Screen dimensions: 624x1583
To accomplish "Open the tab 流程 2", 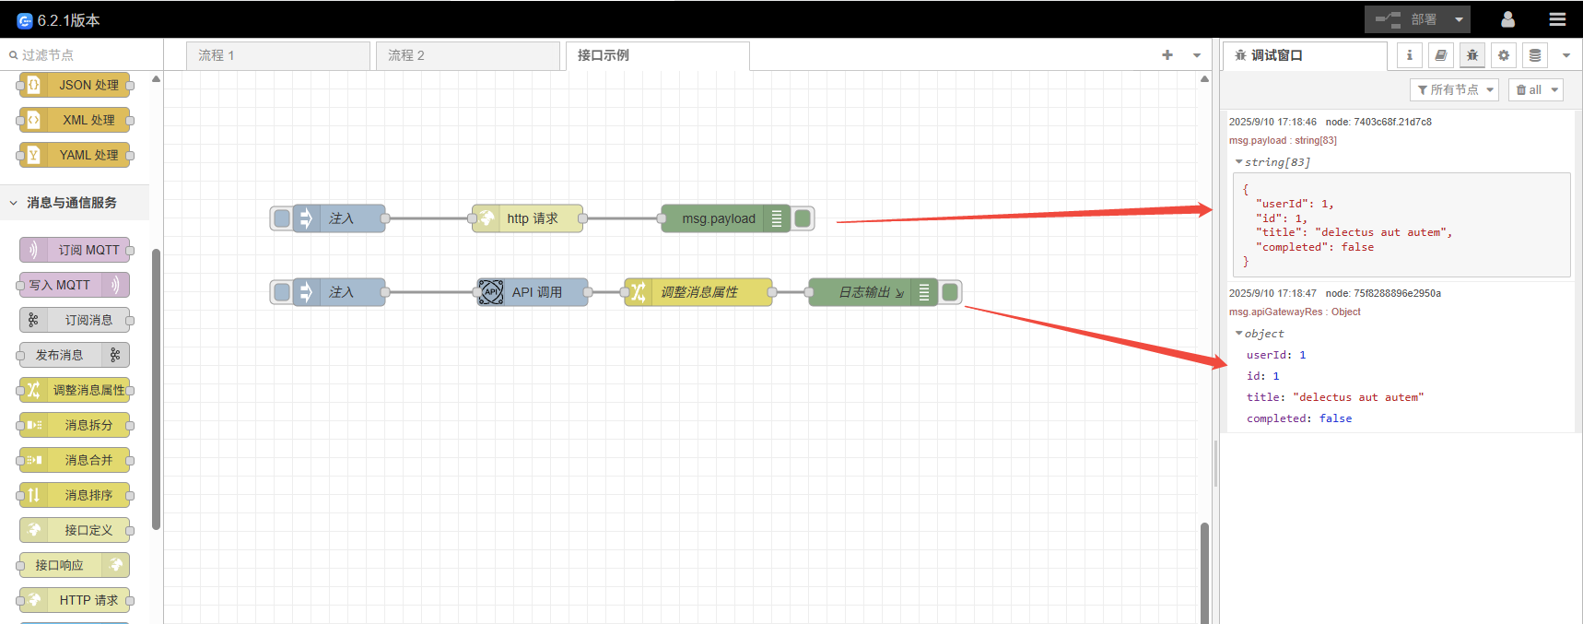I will (x=467, y=55).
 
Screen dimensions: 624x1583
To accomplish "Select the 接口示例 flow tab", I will (x=657, y=55).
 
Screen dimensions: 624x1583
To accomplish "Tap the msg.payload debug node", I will (x=718, y=218).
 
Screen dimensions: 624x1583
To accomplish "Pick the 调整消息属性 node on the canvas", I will (x=698, y=292).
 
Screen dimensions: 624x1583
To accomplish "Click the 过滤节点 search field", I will (x=83, y=55).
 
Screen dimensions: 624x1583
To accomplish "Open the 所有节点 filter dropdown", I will (x=1454, y=89).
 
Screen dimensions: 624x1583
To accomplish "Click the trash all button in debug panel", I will (x=1535, y=89).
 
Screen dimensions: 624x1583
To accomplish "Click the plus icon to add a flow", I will (x=1167, y=55).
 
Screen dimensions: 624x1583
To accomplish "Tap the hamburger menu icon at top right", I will (x=1557, y=19).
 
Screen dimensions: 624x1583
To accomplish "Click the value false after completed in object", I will (x=1335, y=418).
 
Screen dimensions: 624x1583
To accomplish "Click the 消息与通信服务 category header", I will (x=72, y=203).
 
